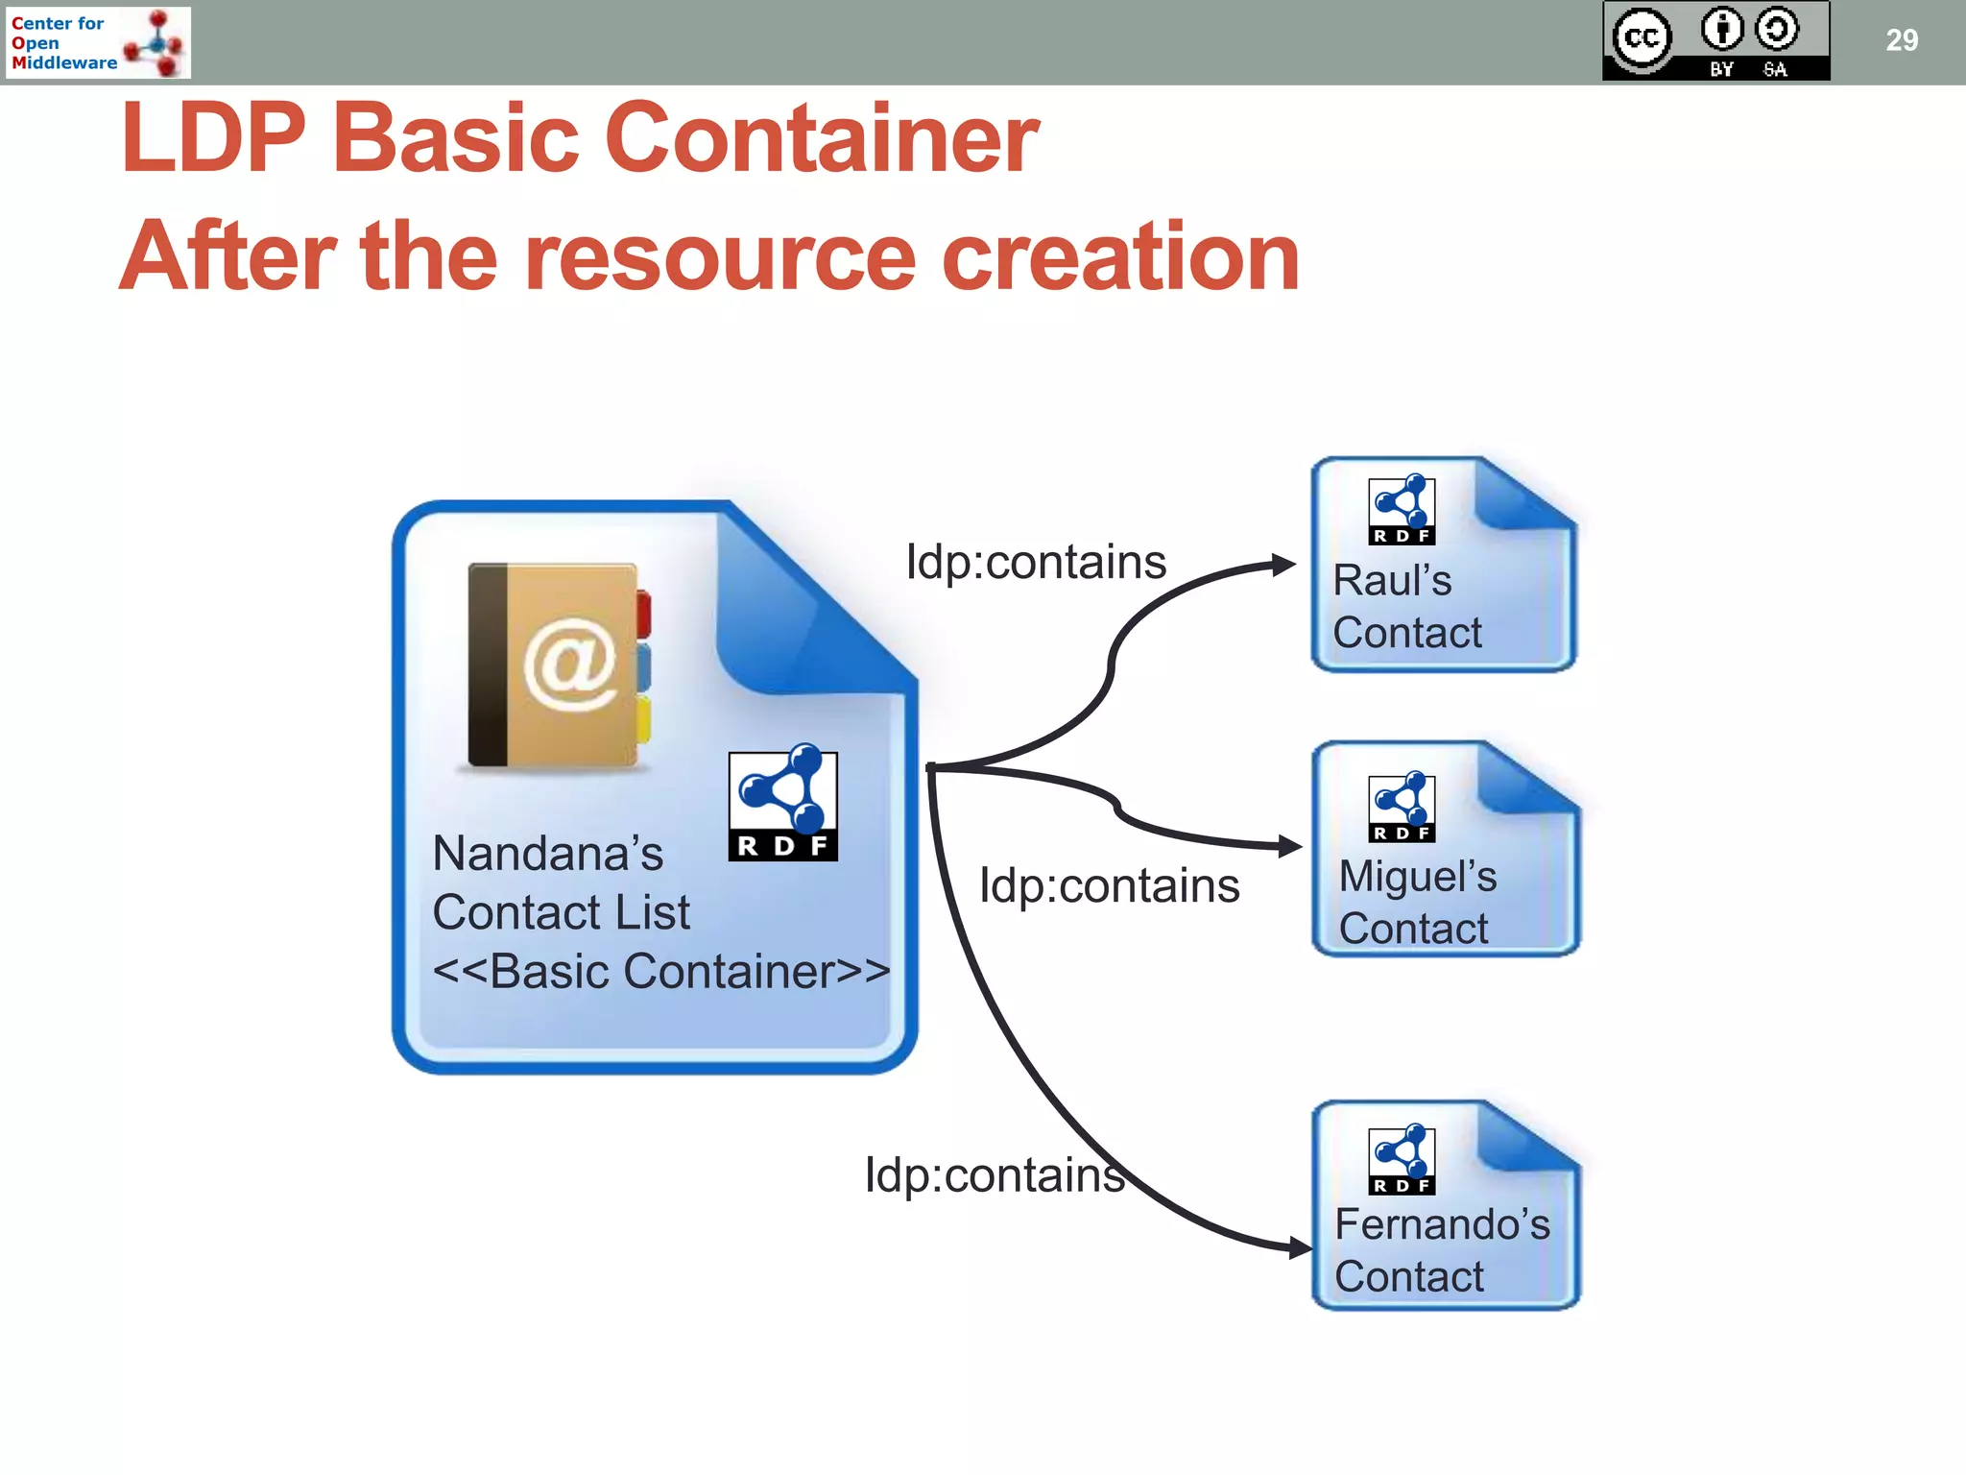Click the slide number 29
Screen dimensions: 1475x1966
tap(1901, 40)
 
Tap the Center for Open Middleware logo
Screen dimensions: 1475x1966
tap(97, 42)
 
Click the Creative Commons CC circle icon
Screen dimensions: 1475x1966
tap(1642, 38)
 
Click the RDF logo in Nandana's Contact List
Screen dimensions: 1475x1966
tap(783, 804)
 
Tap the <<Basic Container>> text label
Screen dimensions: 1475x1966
tap(660, 971)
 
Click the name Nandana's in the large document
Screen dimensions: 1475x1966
tap(547, 853)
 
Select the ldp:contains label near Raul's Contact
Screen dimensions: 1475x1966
tap(1036, 562)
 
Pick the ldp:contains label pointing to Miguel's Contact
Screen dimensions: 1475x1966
tap(1109, 885)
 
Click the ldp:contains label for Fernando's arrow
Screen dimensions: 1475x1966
tap(995, 1174)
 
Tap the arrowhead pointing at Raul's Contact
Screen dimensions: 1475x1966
tap(1284, 565)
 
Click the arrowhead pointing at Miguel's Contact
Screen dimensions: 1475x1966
tap(1290, 846)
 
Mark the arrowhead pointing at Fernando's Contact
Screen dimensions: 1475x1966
tap(1301, 1248)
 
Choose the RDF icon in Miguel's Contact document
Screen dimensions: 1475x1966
tap(1402, 808)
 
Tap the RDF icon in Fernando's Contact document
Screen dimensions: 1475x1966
tap(1402, 1160)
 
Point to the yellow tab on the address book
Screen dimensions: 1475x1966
tap(642, 719)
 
